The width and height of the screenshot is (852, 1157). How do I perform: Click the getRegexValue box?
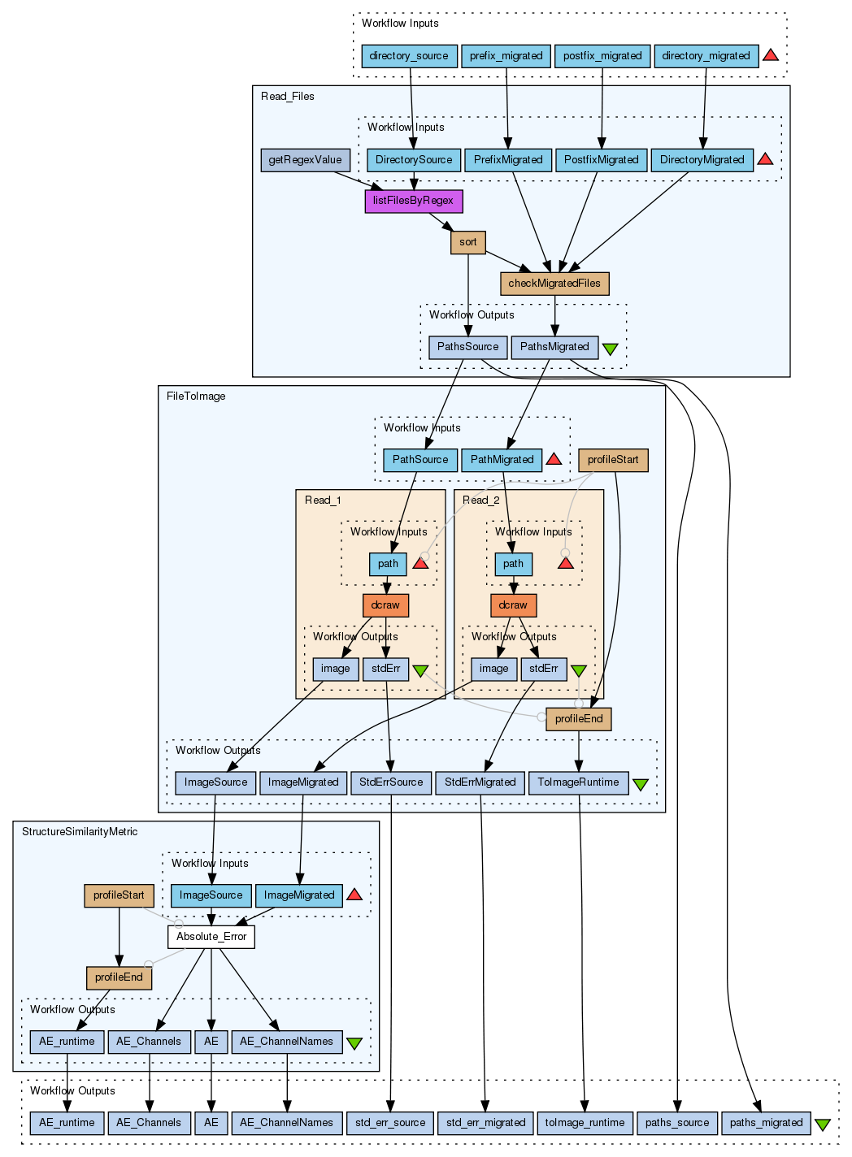tap(305, 160)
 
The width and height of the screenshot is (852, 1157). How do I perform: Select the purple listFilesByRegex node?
tap(413, 201)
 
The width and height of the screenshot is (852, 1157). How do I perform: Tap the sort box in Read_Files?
tap(468, 242)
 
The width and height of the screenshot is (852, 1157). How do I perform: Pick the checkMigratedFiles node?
tap(554, 284)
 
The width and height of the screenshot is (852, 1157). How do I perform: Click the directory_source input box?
tap(409, 56)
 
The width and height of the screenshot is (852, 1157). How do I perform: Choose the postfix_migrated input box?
tap(602, 56)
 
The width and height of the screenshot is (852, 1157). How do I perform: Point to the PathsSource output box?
tap(467, 347)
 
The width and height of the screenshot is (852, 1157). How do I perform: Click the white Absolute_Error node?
tap(211, 937)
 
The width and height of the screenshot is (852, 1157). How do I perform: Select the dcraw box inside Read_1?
tap(385, 605)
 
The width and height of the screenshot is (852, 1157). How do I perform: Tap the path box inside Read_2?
tap(514, 564)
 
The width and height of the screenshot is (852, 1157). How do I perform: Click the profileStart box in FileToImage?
tap(613, 460)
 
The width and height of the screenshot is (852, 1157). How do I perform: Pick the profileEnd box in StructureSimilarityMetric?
tap(119, 977)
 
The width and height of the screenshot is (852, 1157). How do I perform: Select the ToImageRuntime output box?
tap(578, 782)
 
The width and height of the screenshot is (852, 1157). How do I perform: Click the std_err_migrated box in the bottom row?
tap(486, 1123)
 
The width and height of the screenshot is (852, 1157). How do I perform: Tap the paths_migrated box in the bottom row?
tap(766, 1123)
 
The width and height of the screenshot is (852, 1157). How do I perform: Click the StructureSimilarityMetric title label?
tap(80, 832)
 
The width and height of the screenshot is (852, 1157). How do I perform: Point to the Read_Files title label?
tap(288, 97)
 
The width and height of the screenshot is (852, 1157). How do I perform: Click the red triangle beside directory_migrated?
tap(771, 55)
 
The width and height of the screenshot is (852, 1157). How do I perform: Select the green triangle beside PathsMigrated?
tap(610, 349)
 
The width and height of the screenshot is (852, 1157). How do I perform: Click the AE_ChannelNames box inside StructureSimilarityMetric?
tap(286, 1042)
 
